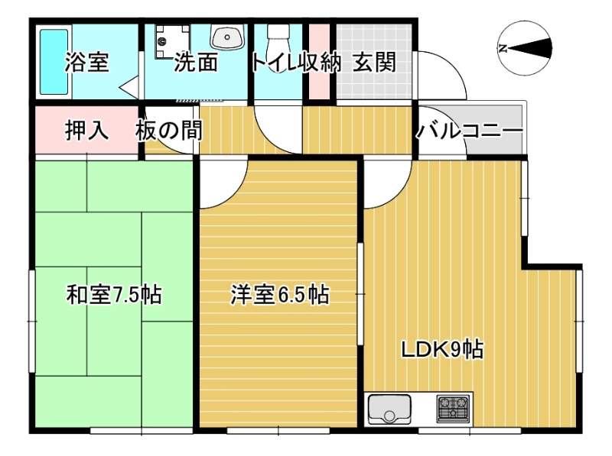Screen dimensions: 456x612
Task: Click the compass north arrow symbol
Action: [x=526, y=47]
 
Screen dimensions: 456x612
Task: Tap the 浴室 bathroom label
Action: [x=86, y=63]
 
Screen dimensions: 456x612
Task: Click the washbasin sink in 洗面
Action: [x=227, y=36]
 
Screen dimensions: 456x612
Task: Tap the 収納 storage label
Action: [x=319, y=63]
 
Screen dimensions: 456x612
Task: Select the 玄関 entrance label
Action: [x=375, y=63]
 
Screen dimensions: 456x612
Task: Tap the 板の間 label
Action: [x=170, y=131]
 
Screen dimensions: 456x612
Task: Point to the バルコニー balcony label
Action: [x=470, y=131]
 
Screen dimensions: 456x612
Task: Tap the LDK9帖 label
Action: [x=442, y=350]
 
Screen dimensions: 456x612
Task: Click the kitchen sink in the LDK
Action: [x=389, y=410]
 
